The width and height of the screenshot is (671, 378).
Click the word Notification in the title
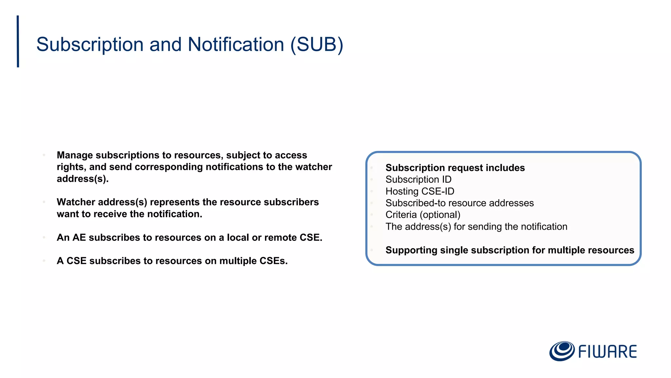[236, 44]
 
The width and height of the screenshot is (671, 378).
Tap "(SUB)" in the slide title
[317, 44]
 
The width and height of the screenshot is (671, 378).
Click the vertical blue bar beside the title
[18, 41]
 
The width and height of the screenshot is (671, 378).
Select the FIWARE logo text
[607, 352]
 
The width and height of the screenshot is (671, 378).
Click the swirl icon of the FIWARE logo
[562, 351]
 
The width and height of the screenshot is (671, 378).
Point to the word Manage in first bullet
[75, 155]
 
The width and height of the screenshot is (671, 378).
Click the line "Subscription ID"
[418, 179]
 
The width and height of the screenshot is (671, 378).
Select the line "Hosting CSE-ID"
[420, 191]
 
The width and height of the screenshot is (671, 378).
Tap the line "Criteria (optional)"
[423, 215]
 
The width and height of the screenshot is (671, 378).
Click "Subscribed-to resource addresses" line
[459, 203]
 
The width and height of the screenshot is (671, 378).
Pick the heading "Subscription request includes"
[455, 168]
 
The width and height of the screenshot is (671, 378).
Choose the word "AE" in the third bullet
[79, 238]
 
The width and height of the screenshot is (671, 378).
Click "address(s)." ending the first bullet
[83, 179]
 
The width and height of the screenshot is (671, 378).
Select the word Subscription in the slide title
[90, 44]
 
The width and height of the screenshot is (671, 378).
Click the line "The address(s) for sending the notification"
[476, 227]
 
